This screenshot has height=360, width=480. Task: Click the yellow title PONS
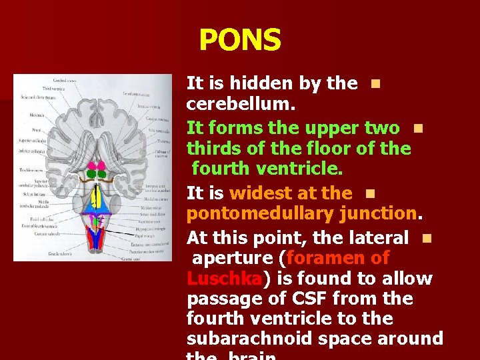(240, 40)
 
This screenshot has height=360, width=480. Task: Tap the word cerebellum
(241, 105)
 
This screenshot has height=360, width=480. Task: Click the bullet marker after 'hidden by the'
(375, 84)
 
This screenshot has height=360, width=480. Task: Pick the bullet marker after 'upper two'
(417, 128)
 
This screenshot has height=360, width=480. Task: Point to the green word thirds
(215, 148)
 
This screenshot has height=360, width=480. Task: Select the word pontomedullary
(260, 214)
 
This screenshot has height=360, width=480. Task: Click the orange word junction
(379, 214)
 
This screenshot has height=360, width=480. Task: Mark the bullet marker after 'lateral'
(426, 237)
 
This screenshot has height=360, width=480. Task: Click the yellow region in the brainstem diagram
(95, 197)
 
